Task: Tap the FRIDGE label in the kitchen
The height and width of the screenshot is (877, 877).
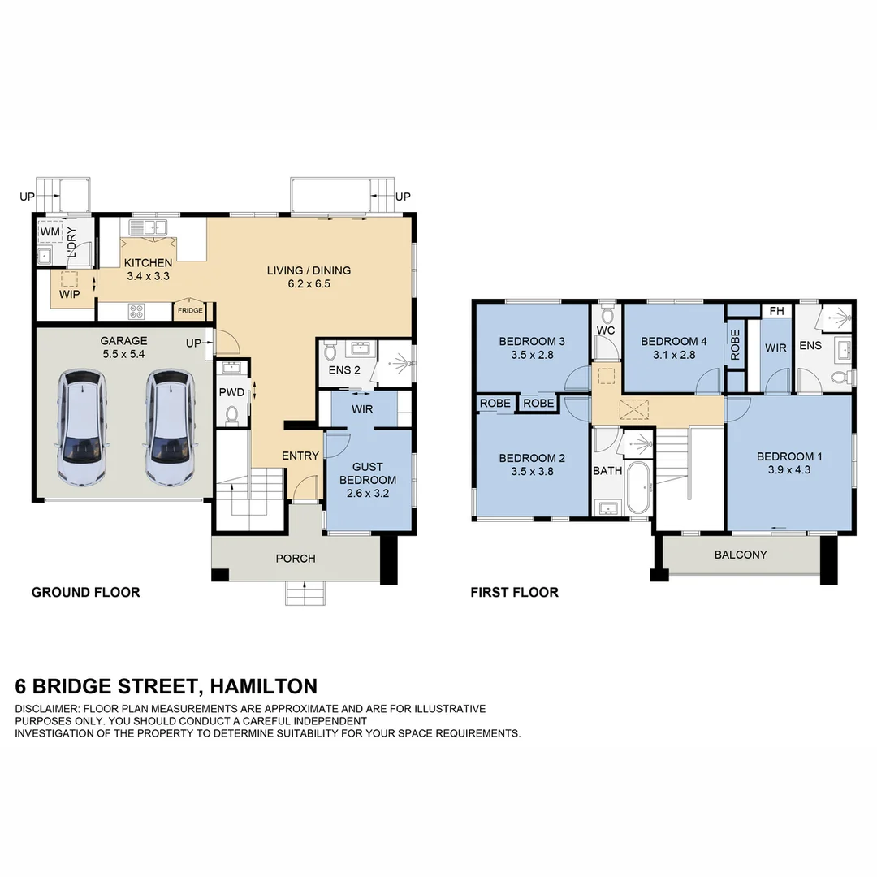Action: [x=191, y=310]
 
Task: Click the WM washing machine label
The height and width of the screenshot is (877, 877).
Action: [x=50, y=233]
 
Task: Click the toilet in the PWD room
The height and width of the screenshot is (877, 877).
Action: [x=232, y=416]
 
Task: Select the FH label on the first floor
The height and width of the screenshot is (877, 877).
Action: [x=776, y=311]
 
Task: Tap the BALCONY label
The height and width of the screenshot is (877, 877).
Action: [x=740, y=555]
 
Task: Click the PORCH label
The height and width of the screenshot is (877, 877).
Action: [x=296, y=558]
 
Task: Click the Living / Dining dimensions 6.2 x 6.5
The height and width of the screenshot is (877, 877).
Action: [x=309, y=284]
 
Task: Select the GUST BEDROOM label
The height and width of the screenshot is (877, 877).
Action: [x=374, y=473]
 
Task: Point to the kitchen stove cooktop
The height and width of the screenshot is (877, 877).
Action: [x=136, y=310]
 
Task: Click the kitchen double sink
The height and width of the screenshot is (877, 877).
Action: [x=150, y=227]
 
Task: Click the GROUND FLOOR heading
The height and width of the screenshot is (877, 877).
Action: [x=85, y=592]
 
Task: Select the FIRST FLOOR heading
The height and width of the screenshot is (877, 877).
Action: [x=514, y=592]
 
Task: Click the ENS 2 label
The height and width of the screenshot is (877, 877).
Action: [x=344, y=370]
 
